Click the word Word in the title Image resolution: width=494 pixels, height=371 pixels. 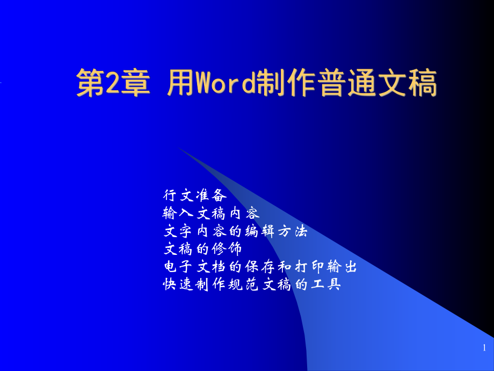click(226, 83)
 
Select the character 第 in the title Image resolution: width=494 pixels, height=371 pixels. click(91, 83)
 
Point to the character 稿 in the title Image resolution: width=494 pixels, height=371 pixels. click(423, 83)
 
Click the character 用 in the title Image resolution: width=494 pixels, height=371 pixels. click(181, 83)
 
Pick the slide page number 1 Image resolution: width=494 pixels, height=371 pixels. click(484, 348)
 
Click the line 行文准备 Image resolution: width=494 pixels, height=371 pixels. click(195, 195)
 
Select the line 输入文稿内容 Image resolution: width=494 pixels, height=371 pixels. click(211, 213)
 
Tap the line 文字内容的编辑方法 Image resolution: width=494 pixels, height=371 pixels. click(235, 231)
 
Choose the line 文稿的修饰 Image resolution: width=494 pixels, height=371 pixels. click(202, 249)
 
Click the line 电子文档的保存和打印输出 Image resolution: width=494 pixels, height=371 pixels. click(260, 267)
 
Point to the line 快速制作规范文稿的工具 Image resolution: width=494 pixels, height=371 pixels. click(252, 284)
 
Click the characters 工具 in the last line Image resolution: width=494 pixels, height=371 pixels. click(326, 284)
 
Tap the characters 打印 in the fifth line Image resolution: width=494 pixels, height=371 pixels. click(309, 267)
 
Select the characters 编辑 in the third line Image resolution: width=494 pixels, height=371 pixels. click(260, 231)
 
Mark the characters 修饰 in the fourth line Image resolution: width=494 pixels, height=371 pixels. click(227, 249)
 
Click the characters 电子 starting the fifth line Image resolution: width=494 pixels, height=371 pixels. click(178, 267)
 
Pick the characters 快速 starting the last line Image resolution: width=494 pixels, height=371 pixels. click(178, 284)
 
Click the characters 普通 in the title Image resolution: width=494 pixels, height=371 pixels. click(347, 83)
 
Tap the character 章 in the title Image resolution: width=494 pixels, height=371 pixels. click(135, 83)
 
